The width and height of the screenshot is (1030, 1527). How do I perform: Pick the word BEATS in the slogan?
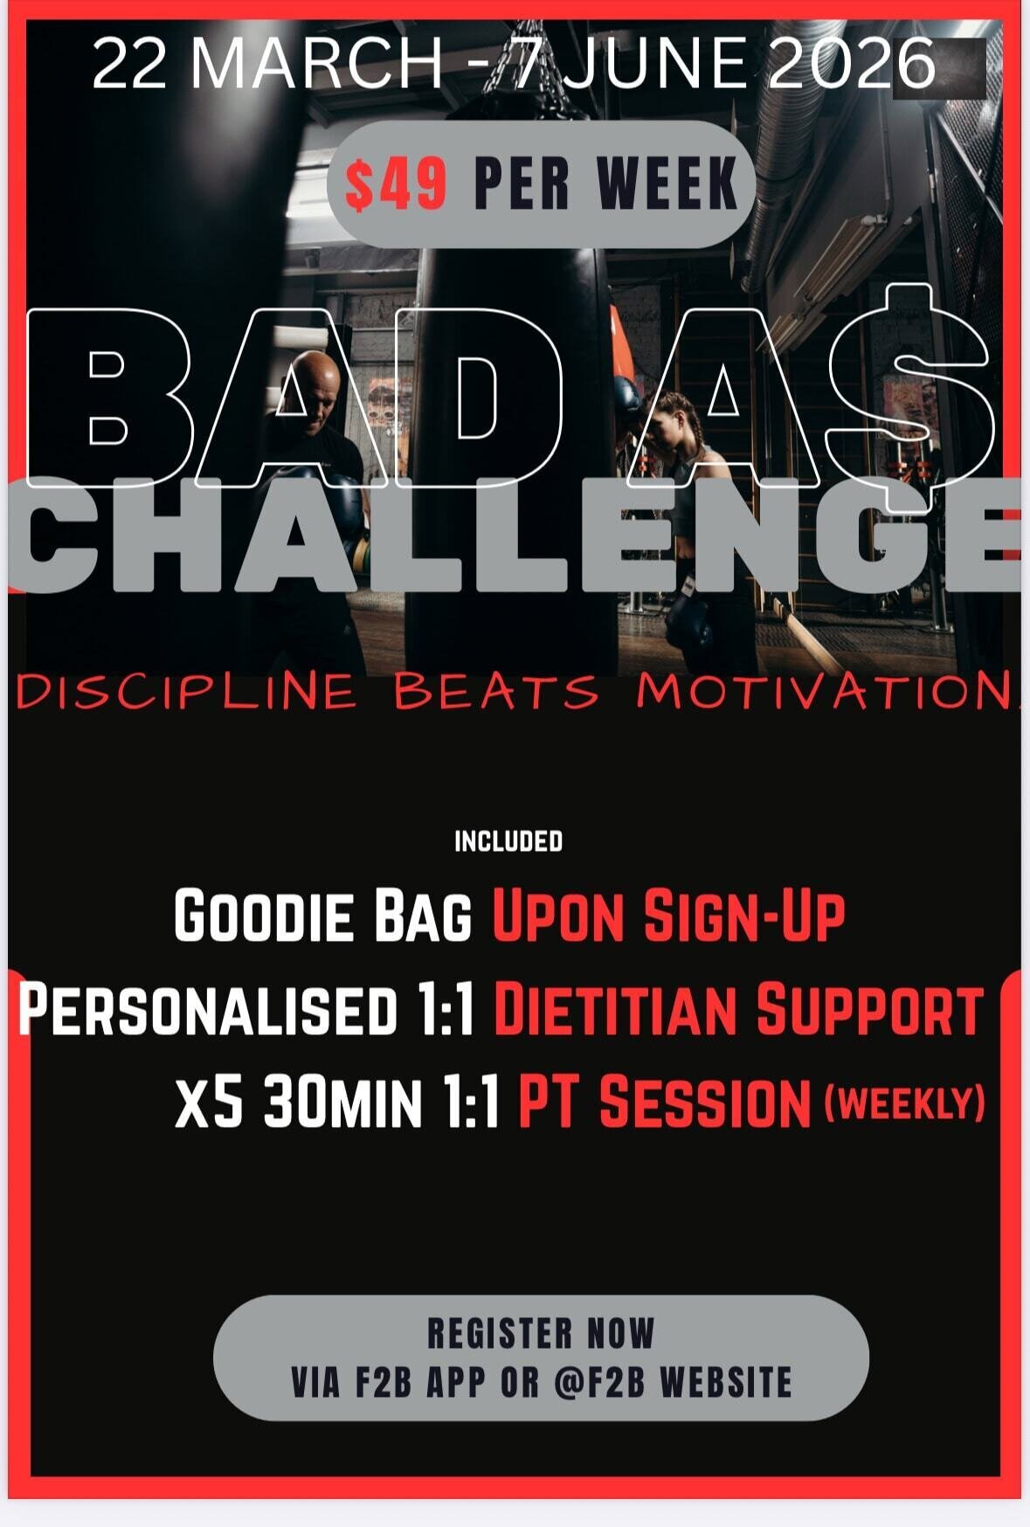pyautogui.click(x=496, y=692)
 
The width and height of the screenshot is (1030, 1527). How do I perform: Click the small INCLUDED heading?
pyautogui.click(x=508, y=841)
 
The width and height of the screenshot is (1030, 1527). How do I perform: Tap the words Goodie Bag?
pyautogui.click(x=322, y=916)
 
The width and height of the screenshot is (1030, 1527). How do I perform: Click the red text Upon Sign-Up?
pyautogui.click(x=668, y=916)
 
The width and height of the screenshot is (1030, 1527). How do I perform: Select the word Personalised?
pyautogui.click(x=208, y=1010)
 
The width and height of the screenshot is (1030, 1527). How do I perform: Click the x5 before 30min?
pyautogui.click(x=208, y=1102)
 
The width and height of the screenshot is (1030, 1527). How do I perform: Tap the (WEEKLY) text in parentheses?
pyautogui.click(x=905, y=1102)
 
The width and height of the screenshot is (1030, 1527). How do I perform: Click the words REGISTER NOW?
pyautogui.click(x=540, y=1334)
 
